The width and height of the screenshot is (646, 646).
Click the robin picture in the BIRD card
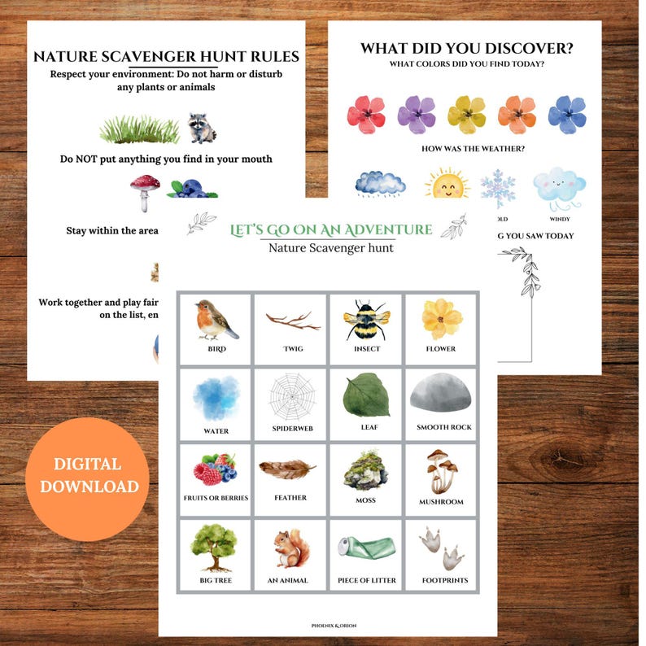216,319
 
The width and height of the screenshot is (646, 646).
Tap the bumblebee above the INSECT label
366,320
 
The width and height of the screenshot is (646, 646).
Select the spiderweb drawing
290,395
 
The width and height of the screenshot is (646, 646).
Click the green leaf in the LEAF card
364,395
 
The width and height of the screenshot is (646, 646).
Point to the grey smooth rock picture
440,395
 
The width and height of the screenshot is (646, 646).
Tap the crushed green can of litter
365,547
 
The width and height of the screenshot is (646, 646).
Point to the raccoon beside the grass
202,128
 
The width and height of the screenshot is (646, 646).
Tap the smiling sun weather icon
447,185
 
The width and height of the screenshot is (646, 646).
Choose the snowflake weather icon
498,187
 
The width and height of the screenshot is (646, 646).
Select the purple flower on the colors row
417,115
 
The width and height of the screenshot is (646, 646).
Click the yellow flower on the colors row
466,114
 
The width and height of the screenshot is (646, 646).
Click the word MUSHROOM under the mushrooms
440,502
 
